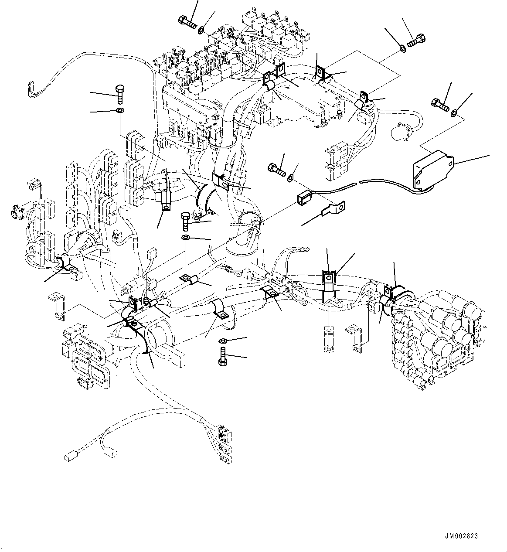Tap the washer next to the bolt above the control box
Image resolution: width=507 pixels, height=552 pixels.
(454, 113)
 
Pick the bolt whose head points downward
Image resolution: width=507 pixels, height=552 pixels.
(221, 356)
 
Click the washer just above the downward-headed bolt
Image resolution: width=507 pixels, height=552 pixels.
(222, 340)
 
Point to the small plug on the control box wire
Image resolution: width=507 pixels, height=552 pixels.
(304, 198)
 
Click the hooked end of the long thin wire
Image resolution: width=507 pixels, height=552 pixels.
(31, 87)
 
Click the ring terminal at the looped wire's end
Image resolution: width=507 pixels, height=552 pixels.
(305, 250)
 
